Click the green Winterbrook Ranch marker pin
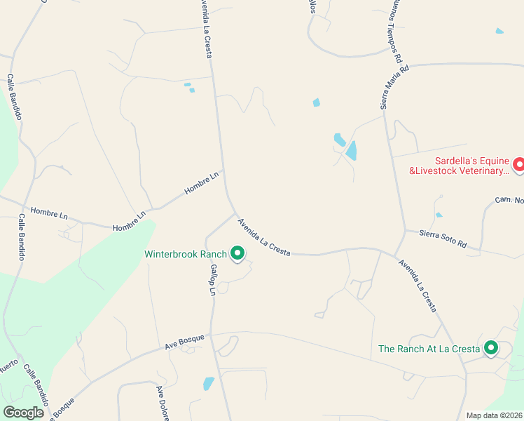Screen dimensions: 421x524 [237, 253]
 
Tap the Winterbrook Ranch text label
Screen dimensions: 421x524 [186, 254]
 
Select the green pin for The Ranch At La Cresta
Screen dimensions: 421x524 [491, 347]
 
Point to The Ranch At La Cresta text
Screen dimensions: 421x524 [429, 348]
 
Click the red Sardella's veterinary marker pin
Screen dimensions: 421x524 [519, 164]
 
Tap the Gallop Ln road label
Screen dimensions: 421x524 [212, 279]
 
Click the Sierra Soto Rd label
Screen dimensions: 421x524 [443, 239]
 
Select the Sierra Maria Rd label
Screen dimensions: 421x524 [393, 88]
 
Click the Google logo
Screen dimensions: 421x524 [24, 413]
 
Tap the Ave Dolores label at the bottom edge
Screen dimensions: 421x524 [163, 403]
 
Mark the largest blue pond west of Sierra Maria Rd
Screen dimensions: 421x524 [351, 150]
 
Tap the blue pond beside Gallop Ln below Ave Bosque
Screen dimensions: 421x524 [208, 383]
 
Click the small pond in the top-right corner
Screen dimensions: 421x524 [499, 31]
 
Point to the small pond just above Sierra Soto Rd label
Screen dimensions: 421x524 [439, 215]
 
